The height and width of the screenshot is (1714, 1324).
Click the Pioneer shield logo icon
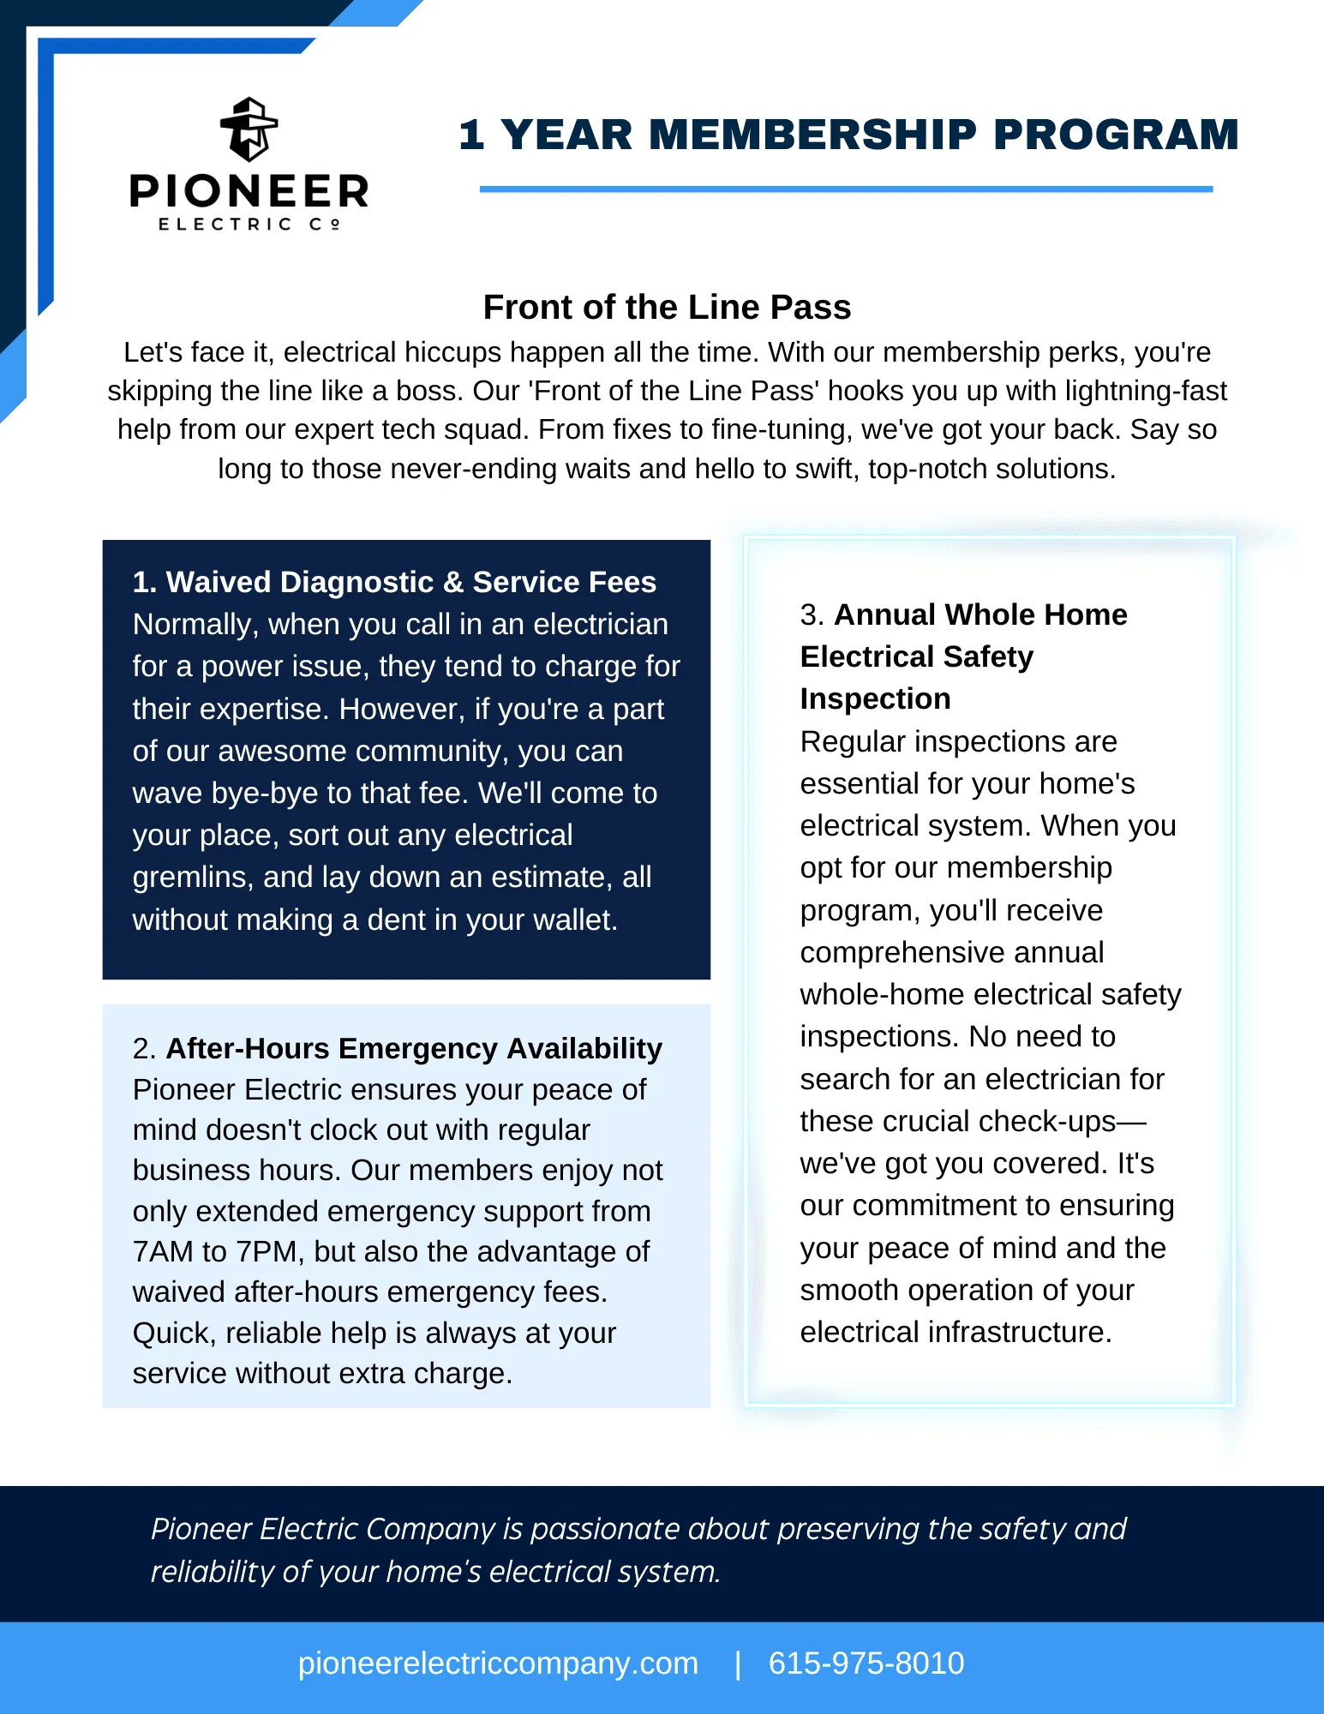click(249, 129)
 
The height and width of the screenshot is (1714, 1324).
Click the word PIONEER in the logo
click(249, 190)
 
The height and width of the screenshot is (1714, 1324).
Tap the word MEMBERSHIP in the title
click(812, 135)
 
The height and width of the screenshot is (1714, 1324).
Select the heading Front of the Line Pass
click(667, 307)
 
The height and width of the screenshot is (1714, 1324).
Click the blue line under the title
click(845, 189)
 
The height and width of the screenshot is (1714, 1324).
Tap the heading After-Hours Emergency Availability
click(414, 1048)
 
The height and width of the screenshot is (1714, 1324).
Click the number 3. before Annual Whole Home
click(811, 614)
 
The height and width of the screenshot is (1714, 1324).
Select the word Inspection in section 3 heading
click(875, 698)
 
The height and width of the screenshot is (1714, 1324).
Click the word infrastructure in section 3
click(1019, 1332)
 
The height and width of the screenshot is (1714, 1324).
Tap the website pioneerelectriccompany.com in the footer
click(498, 1663)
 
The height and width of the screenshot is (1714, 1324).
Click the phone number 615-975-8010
click(866, 1663)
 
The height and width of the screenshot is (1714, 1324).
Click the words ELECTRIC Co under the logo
click(249, 225)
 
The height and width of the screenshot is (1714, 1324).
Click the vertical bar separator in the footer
click(737, 1663)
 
